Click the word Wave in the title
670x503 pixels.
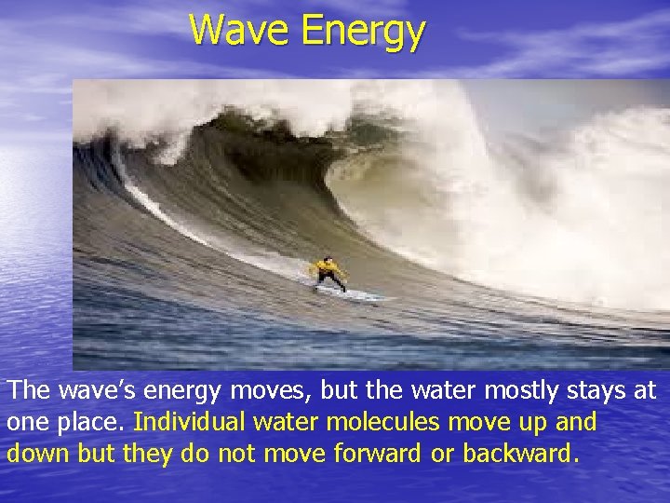point(240,30)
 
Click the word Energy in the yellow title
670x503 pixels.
point(363,32)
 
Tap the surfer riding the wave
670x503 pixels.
point(328,274)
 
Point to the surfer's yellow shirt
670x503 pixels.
point(327,267)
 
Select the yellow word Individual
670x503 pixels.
point(192,421)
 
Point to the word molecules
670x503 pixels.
point(382,421)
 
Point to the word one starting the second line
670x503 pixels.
point(26,422)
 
